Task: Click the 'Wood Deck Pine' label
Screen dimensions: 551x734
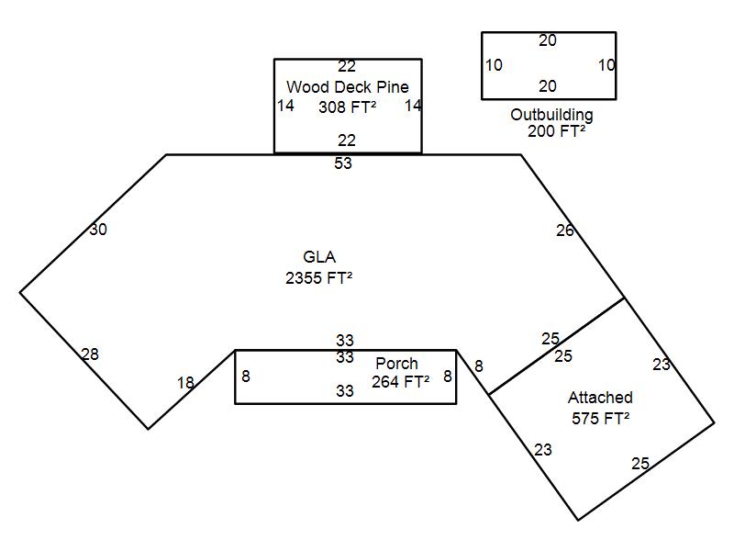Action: click(347, 87)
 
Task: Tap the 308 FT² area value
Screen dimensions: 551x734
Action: click(347, 107)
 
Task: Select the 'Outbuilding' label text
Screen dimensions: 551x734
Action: click(551, 115)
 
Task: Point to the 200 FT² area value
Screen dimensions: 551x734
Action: click(556, 131)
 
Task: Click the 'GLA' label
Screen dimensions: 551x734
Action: click(319, 257)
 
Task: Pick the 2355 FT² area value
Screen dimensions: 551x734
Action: click(318, 278)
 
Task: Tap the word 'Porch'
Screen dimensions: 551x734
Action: click(396, 364)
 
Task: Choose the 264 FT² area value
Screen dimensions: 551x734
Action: click(400, 382)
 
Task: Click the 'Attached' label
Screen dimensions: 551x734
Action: click(600, 398)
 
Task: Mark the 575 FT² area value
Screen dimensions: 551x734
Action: click(600, 418)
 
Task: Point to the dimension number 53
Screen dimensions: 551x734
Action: click(343, 163)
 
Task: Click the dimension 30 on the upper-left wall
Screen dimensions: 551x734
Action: click(98, 230)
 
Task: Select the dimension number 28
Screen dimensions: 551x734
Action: click(90, 354)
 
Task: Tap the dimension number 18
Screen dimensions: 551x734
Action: click(185, 383)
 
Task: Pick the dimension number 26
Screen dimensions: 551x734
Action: click(565, 231)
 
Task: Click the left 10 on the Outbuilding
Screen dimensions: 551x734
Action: click(494, 65)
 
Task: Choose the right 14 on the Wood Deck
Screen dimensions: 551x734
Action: click(413, 106)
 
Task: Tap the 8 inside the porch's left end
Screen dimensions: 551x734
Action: click(246, 376)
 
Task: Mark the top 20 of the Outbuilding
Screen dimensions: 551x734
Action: click(548, 40)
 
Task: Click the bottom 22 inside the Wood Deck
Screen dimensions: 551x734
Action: click(346, 141)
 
